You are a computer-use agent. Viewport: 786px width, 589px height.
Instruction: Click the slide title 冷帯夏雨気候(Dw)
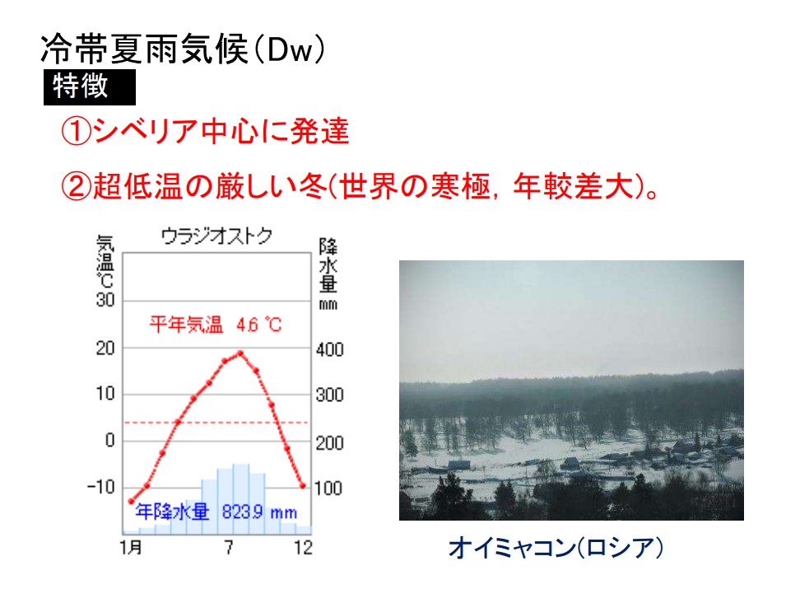183,49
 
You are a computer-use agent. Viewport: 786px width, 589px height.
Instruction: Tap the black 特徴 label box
90,87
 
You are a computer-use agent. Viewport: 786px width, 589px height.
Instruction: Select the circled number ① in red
76,132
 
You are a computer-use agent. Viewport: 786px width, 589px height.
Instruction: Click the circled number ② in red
76,185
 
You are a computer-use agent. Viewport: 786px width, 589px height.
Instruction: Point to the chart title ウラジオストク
216,236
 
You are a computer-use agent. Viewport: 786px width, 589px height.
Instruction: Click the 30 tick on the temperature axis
105,300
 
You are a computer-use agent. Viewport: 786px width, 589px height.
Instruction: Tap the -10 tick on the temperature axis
100,486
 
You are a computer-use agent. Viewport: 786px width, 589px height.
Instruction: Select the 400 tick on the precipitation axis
329,349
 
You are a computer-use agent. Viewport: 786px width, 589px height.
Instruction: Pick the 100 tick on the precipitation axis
328,488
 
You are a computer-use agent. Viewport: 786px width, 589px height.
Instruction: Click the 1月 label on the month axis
131,547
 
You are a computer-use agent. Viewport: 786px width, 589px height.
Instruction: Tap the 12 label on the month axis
304,547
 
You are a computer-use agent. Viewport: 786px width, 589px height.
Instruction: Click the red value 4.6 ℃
258,325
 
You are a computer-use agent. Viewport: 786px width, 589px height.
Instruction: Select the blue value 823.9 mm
259,512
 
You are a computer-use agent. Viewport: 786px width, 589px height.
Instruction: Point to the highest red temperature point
240,353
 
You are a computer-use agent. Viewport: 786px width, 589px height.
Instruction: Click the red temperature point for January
132,501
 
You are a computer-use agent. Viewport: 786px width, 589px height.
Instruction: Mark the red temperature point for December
303,486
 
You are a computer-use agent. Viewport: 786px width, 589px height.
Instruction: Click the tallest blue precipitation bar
241,498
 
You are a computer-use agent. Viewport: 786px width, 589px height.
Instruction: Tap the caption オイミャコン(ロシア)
556,547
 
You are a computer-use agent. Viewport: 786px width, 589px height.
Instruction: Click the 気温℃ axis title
105,261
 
